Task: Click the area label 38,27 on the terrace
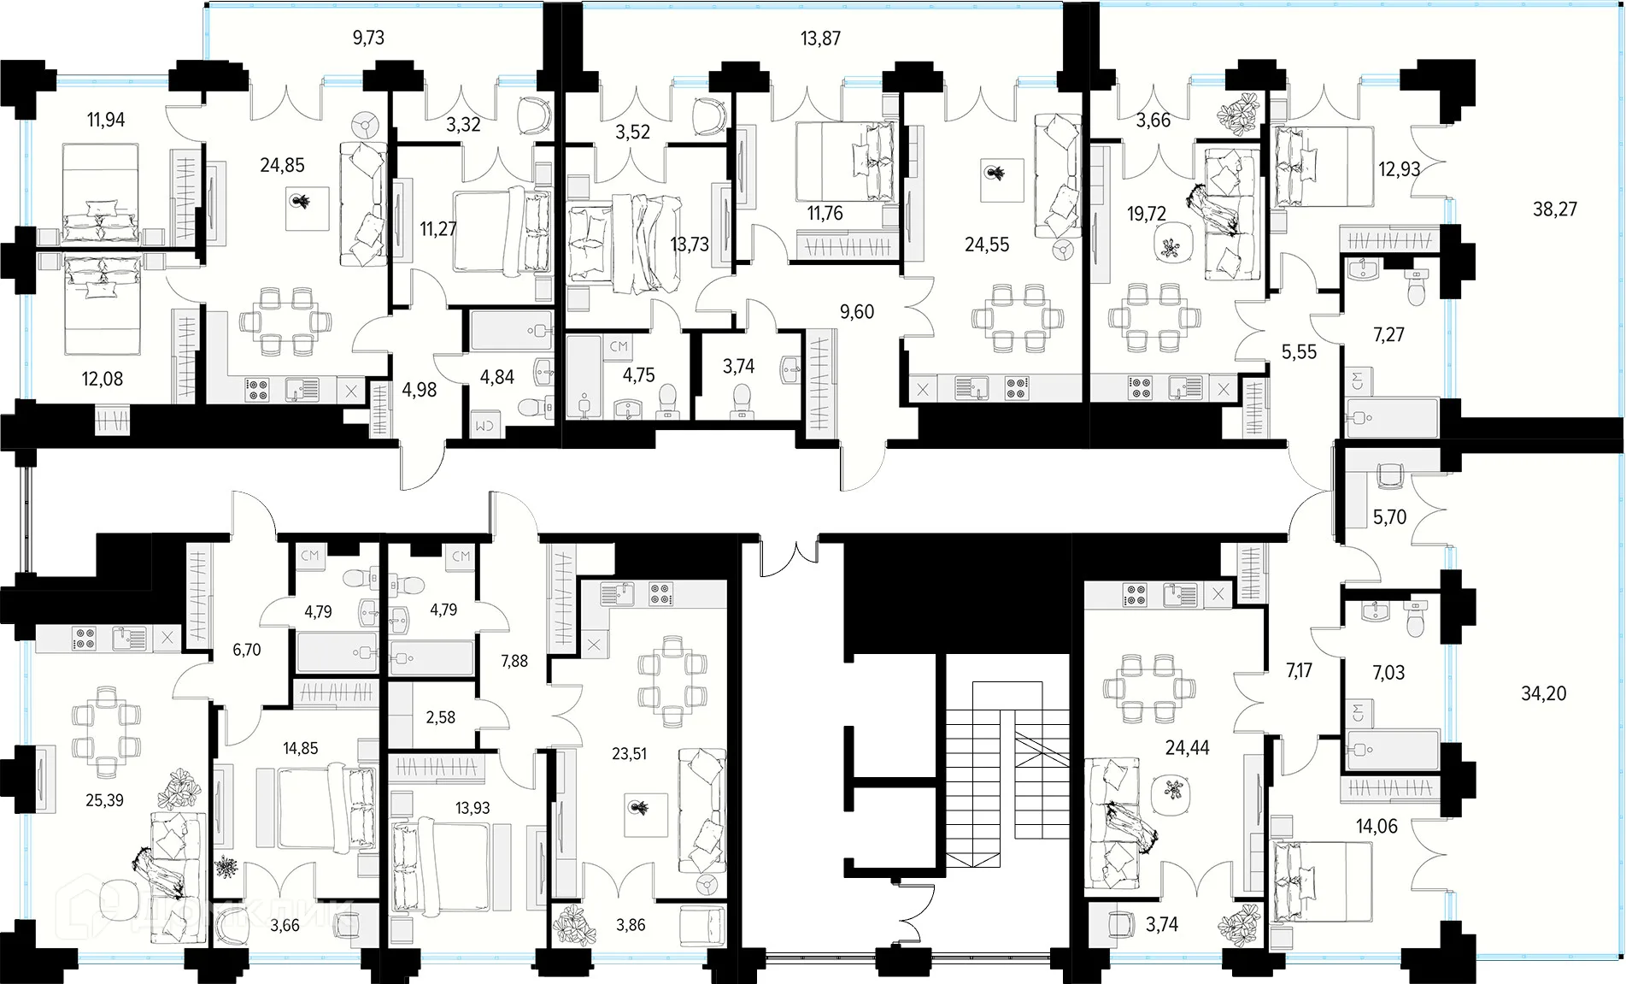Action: pyautogui.click(x=1555, y=209)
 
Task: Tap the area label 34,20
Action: pyautogui.click(x=1544, y=693)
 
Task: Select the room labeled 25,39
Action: pyautogui.click(x=104, y=800)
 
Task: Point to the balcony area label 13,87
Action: pyautogui.click(x=820, y=38)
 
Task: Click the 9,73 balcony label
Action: pyautogui.click(x=368, y=38)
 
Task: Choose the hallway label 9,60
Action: pyautogui.click(x=857, y=312)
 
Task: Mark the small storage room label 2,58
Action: pyautogui.click(x=441, y=717)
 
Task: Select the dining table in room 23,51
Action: pyautogui.click(x=673, y=675)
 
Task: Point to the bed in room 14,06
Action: pyautogui.click(x=1308, y=881)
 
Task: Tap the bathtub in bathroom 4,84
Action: pyautogui.click(x=512, y=330)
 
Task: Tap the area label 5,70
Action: pyautogui.click(x=1389, y=517)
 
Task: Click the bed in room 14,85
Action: pyautogui.click(x=326, y=810)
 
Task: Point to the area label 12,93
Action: pyautogui.click(x=1400, y=168)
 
